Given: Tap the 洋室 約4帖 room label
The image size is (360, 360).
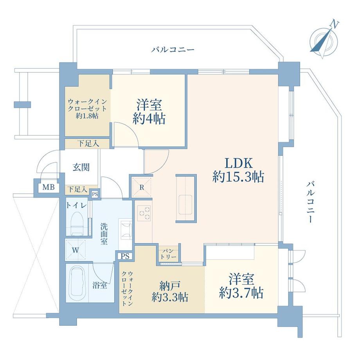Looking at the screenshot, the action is tap(149, 112).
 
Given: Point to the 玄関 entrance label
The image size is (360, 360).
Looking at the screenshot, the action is tap(81, 167).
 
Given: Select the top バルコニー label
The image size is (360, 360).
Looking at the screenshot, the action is tap(173, 50).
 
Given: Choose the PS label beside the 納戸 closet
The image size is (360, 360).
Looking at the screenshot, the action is tap(125, 256).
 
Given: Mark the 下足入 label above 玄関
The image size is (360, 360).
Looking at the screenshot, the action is tap(87, 143).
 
